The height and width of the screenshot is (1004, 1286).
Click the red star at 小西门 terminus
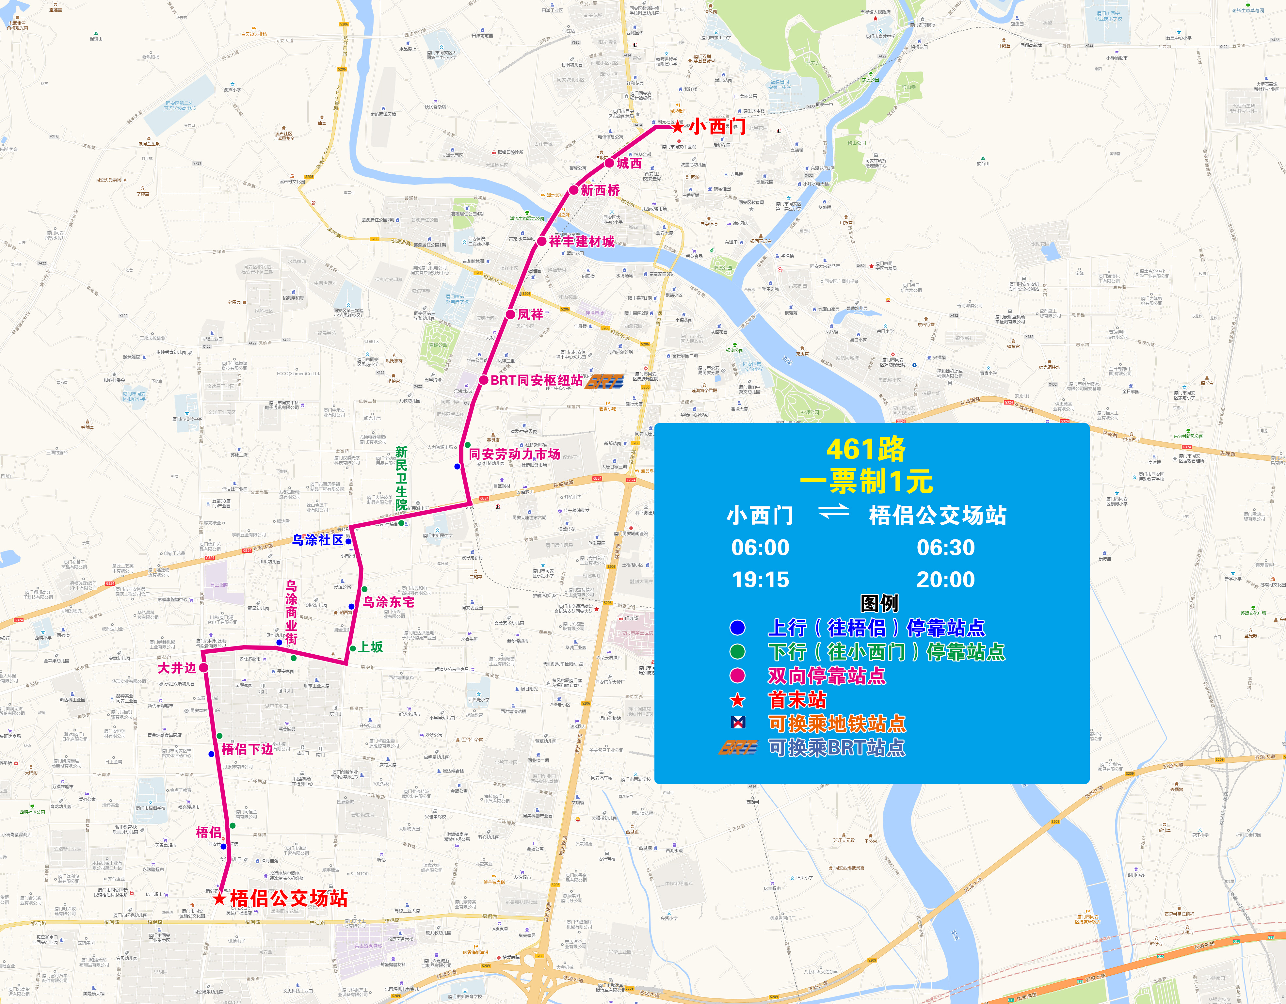coord(678,127)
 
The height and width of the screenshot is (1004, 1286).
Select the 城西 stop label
coord(629,164)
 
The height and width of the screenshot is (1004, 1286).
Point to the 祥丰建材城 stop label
coord(582,241)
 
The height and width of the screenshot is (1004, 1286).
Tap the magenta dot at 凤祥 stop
coord(510,314)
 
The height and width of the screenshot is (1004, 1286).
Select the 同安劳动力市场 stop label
coord(514,454)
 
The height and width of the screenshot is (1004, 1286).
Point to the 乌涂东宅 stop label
coord(389,602)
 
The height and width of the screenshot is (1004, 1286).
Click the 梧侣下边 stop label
coord(247,749)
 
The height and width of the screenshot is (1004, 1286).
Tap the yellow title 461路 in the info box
coord(866,449)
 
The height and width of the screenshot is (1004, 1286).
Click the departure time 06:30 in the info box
coord(946,548)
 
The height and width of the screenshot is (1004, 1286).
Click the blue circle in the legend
coord(737,628)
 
